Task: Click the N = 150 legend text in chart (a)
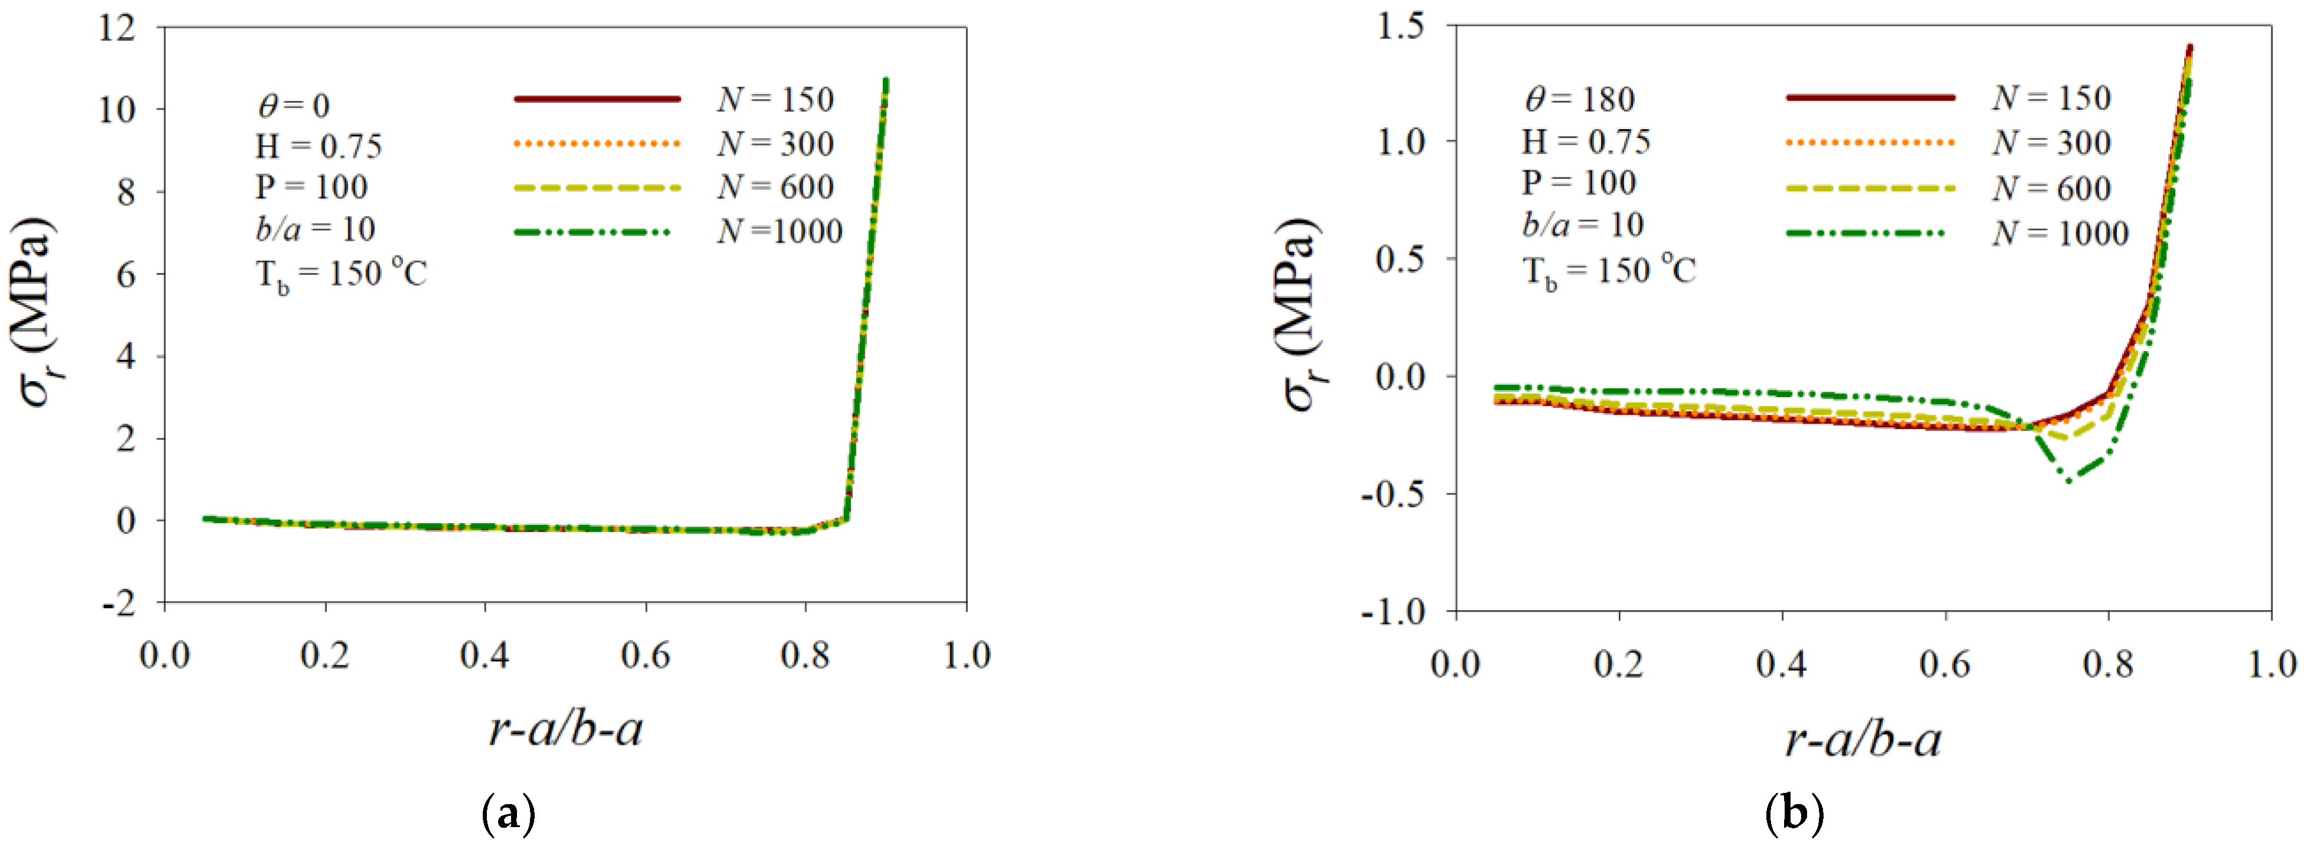[774, 99]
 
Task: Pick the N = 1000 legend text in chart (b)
[2059, 234]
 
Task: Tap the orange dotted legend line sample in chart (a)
[597, 143]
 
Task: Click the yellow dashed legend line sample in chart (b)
[1870, 188]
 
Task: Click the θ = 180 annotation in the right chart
[1579, 99]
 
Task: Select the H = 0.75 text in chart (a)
[319, 146]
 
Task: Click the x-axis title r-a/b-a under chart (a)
[565, 729]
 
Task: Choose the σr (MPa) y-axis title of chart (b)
[1301, 313]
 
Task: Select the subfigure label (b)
[1794, 814]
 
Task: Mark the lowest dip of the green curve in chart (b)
[2069, 481]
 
